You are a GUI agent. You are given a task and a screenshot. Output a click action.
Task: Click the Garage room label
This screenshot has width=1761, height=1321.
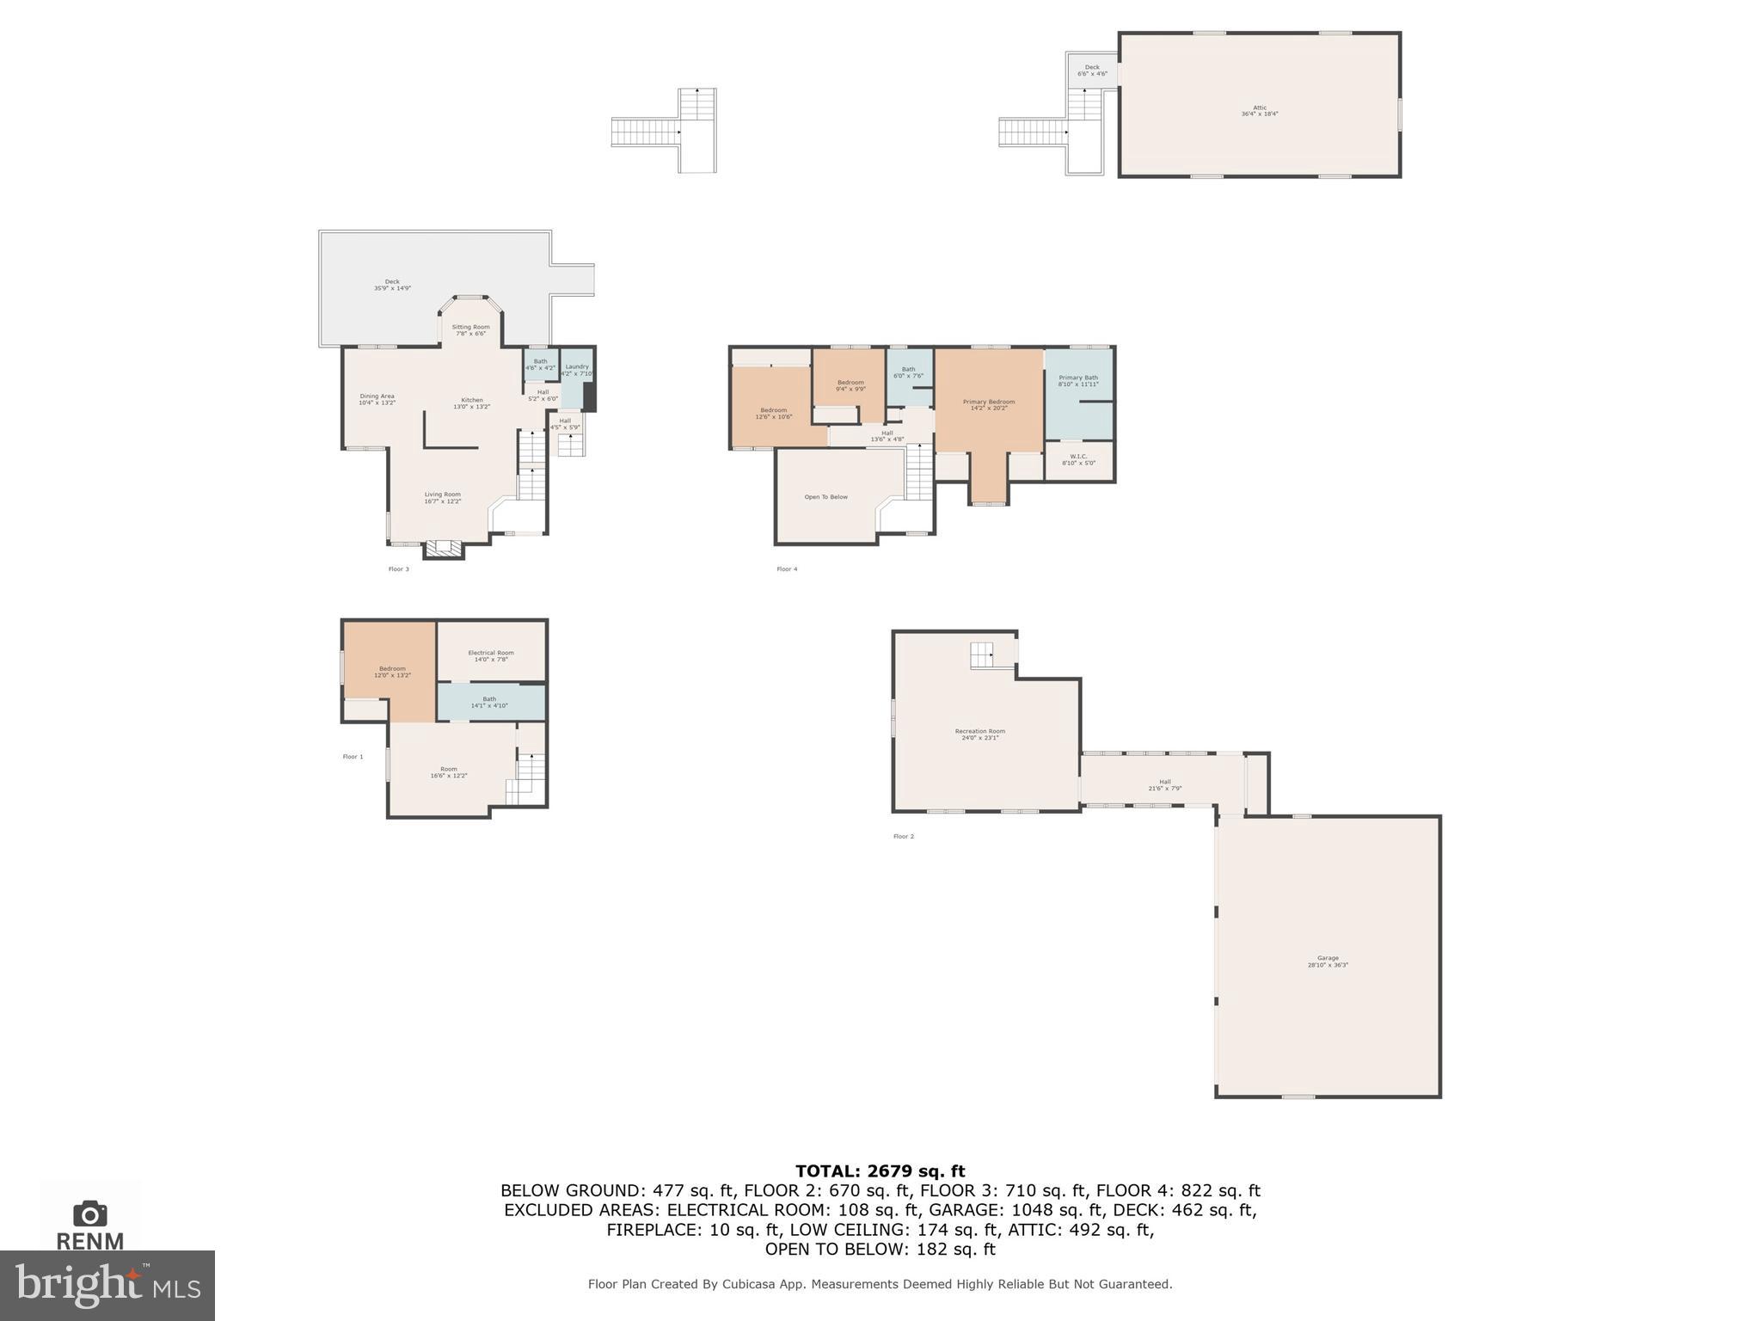(1328, 962)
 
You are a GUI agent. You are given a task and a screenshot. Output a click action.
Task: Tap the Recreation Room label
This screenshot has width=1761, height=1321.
(979, 734)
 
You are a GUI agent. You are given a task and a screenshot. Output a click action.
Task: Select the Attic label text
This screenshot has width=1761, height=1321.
(1260, 110)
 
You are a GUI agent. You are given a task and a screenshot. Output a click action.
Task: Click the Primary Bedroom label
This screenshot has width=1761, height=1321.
(989, 404)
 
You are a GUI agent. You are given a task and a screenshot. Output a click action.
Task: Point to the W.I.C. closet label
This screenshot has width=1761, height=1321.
(1078, 459)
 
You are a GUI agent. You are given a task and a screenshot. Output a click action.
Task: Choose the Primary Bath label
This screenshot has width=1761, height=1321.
(1078, 380)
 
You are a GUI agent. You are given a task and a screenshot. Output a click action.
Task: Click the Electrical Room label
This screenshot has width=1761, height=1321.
(491, 655)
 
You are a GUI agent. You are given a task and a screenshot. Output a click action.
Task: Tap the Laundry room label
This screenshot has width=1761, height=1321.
(577, 370)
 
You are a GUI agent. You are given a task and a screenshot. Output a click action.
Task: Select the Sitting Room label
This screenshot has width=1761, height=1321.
(470, 329)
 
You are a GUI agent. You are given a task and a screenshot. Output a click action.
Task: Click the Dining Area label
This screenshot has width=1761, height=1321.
(377, 399)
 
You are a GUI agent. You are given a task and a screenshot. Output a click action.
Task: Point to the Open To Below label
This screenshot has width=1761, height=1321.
(825, 497)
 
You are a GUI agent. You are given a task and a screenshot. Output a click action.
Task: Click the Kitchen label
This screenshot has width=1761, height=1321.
(472, 402)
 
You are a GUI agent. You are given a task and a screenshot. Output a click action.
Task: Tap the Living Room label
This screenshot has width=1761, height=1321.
(442, 497)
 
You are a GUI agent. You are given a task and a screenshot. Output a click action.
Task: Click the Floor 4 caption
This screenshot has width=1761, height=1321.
(787, 569)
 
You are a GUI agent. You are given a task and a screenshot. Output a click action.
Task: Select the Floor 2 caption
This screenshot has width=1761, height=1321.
(903, 836)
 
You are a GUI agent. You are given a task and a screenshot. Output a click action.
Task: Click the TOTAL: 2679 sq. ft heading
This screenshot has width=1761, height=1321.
(880, 1170)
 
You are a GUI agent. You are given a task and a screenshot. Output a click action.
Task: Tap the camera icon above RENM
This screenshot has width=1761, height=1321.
(90, 1213)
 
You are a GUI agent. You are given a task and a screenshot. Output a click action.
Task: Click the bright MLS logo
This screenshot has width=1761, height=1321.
(107, 1285)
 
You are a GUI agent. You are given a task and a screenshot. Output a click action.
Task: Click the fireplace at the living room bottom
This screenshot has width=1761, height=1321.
(444, 548)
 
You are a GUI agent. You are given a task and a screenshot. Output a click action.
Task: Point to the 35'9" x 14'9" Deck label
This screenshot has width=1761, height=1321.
(392, 285)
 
